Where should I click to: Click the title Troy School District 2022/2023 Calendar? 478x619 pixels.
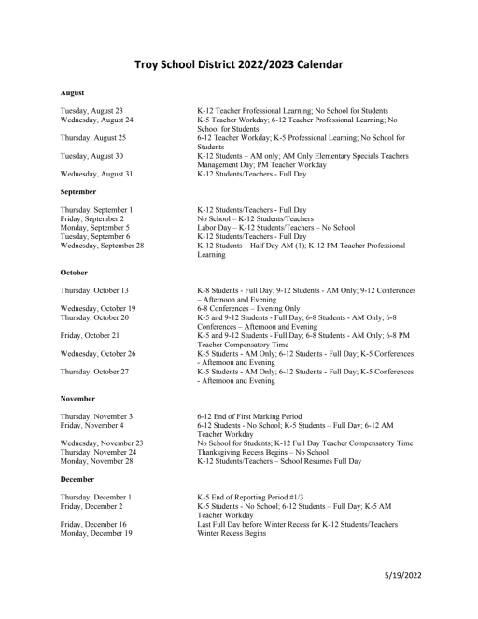click(238, 64)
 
